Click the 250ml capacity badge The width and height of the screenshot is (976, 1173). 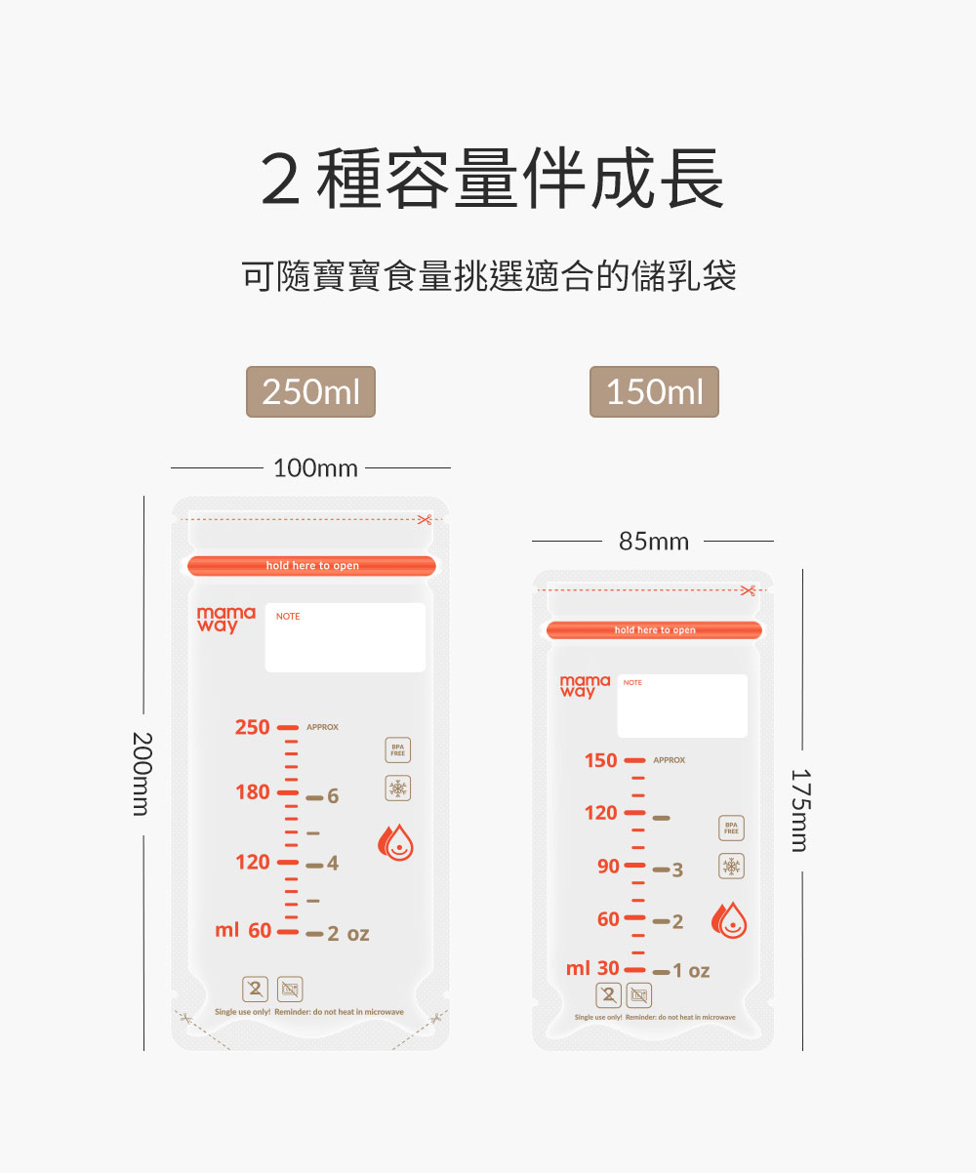[x=310, y=391]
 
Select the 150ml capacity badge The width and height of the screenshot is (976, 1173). [x=654, y=391]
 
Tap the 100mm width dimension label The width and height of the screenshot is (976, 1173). [x=315, y=468]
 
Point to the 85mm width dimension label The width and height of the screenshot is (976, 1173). [x=654, y=541]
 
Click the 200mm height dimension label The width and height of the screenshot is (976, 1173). [x=142, y=773]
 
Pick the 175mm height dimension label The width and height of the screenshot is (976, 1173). [x=800, y=810]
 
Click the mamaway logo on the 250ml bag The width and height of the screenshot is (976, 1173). [x=225, y=619]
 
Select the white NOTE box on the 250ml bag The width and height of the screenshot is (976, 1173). [x=346, y=637]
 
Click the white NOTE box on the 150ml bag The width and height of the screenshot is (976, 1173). [x=682, y=706]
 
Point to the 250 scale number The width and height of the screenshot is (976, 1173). [x=252, y=727]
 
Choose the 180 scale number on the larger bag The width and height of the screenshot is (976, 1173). [x=252, y=791]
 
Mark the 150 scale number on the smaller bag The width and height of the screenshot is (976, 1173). [x=600, y=760]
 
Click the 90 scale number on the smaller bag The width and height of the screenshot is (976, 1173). [x=608, y=867]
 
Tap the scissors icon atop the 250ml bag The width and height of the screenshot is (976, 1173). [x=424, y=519]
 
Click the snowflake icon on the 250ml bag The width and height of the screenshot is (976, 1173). [x=397, y=789]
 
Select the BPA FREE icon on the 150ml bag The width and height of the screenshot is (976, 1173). [x=731, y=828]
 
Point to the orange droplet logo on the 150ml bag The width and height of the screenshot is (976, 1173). [x=729, y=919]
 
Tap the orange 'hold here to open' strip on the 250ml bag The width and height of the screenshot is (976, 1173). [x=311, y=566]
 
